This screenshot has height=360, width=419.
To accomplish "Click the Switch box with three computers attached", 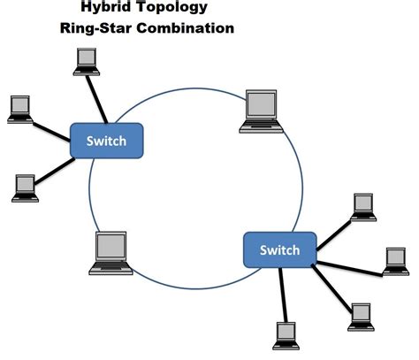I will (x=106, y=142).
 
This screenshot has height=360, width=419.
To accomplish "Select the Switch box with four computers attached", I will (x=278, y=250).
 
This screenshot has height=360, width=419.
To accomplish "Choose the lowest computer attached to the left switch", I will (x=24, y=187).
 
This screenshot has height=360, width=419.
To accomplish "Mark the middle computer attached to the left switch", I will (x=19, y=107).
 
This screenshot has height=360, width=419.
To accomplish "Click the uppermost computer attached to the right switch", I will (x=363, y=205).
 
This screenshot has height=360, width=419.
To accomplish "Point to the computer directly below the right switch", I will (x=285, y=333).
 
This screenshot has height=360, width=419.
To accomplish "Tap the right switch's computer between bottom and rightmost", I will (x=360, y=315).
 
